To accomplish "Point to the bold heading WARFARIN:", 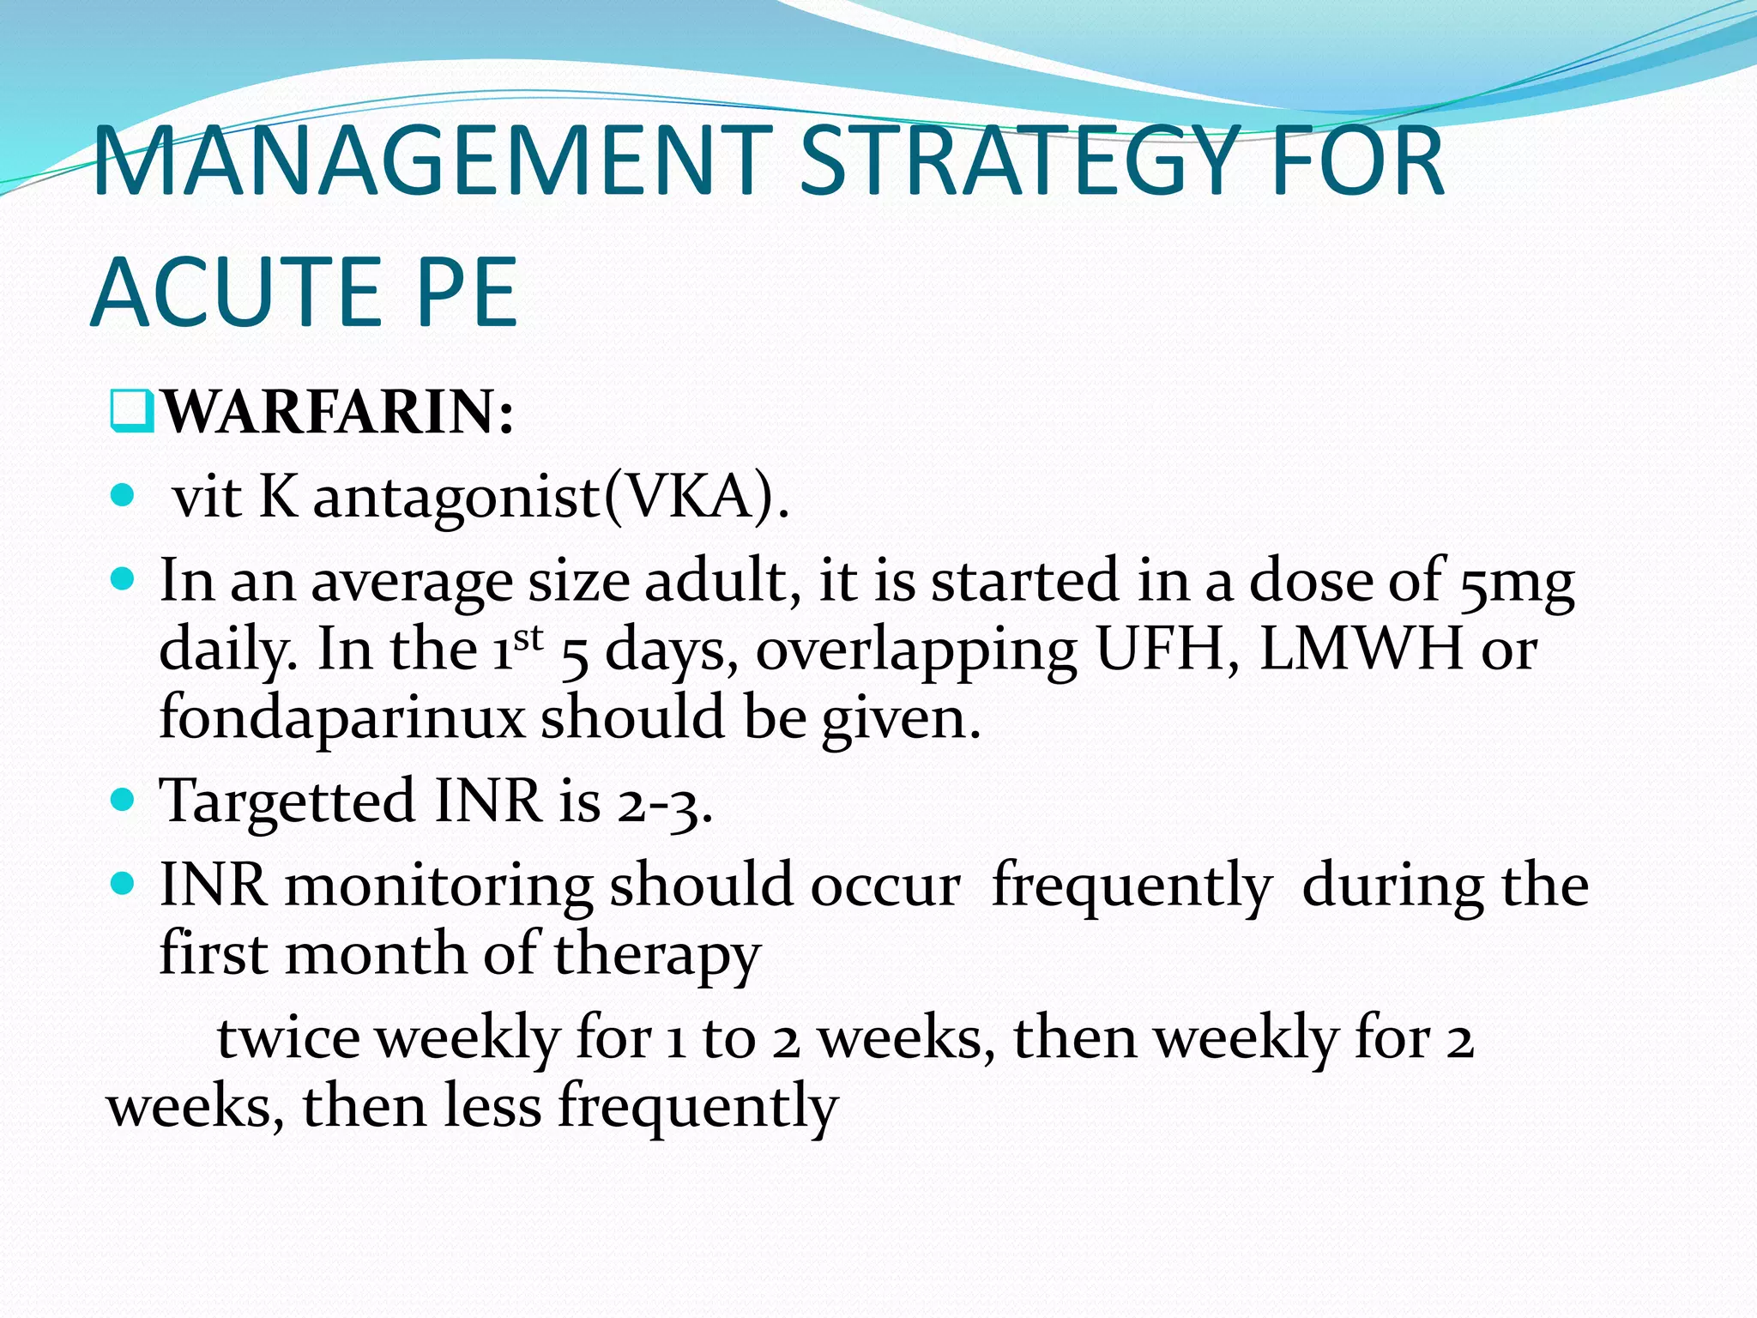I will tap(337, 413).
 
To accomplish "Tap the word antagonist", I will tap(456, 498).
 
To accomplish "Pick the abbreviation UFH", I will tap(1167, 650).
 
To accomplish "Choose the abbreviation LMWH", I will tap(1361, 650).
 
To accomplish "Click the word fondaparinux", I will tap(341, 717).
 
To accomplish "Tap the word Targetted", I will tap(287, 801).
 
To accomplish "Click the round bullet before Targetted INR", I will tap(124, 800).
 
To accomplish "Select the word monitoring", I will tap(438, 886).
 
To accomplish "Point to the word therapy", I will tap(656, 954).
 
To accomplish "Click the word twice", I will tap(288, 1038).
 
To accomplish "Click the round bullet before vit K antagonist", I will tap(124, 495).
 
